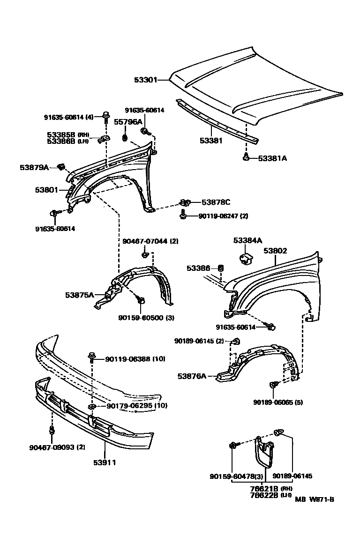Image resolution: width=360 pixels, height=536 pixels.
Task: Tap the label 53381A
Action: point(272,158)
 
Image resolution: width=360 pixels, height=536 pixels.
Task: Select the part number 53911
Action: point(105,462)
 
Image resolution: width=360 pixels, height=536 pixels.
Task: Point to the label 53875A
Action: point(79,295)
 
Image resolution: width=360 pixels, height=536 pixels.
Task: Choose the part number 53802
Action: point(275,251)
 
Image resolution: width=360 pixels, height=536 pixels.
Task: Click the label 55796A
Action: point(128,122)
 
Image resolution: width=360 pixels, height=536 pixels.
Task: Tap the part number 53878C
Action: point(216,202)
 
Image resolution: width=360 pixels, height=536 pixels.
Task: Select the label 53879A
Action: point(34,167)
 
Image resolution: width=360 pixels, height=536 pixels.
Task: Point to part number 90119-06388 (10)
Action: point(135,359)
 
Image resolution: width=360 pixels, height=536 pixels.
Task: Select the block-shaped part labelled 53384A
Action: point(246,258)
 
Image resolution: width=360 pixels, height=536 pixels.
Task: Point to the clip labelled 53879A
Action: point(60,166)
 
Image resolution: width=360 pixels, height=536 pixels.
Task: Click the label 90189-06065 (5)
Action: point(278,402)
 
